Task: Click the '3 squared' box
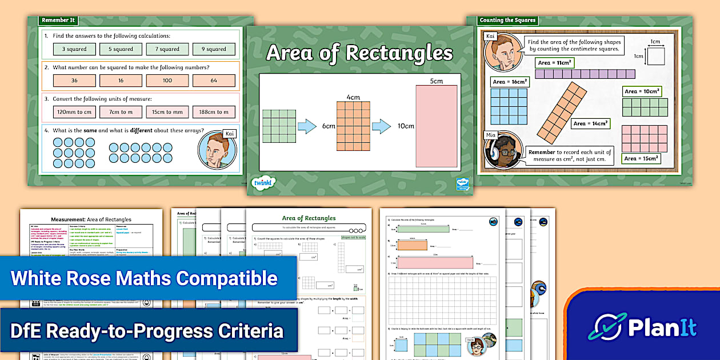click(x=74, y=49)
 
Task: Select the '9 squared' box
click(x=214, y=49)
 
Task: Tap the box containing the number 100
click(x=167, y=81)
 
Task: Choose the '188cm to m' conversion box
click(x=214, y=112)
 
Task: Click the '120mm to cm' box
click(x=74, y=112)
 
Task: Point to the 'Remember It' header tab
click(x=58, y=20)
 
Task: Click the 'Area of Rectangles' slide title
click(x=359, y=53)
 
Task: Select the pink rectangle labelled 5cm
click(x=437, y=126)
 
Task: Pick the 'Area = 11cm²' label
click(x=555, y=63)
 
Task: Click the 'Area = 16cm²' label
click(x=510, y=82)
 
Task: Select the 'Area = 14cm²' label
click(x=591, y=123)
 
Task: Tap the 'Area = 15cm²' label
click(x=642, y=158)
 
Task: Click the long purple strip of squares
click(x=585, y=74)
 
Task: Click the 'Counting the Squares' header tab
click(x=507, y=20)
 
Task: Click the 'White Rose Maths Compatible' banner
click(x=144, y=278)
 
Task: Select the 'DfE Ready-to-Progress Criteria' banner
click(x=147, y=331)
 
